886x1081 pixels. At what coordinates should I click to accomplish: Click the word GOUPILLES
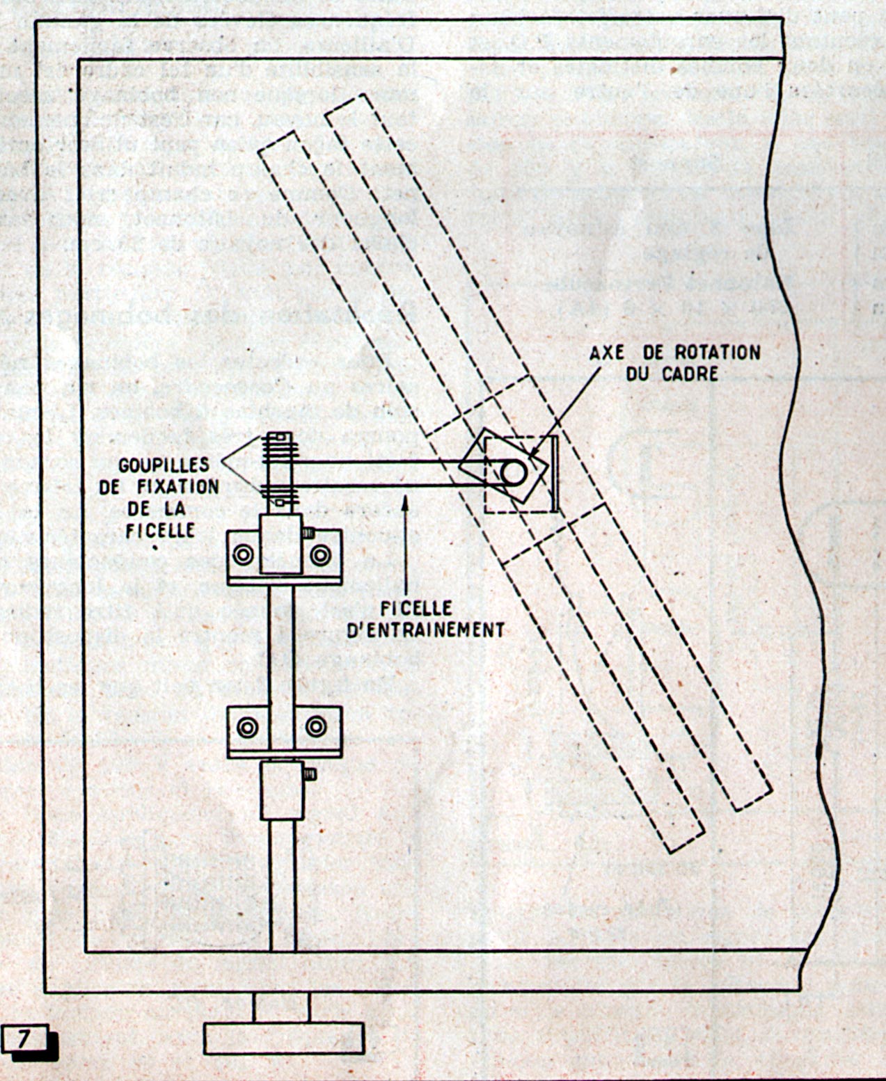pos(164,465)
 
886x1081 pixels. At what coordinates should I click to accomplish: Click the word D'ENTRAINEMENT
pos(425,630)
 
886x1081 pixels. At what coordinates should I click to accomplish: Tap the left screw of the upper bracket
pos(243,554)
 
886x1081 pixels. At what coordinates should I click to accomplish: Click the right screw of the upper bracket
pos(320,554)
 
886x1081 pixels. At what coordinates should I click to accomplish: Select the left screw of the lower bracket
pos(248,728)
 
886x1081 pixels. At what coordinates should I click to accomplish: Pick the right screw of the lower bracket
pos(316,728)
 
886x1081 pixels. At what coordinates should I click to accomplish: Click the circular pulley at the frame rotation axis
pos(514,472)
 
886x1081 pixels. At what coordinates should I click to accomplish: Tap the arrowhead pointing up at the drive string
pos(406,502)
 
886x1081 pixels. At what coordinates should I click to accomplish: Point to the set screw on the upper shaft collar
pos(308,533)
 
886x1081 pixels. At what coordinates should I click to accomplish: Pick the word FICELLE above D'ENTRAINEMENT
pos(416,609)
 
